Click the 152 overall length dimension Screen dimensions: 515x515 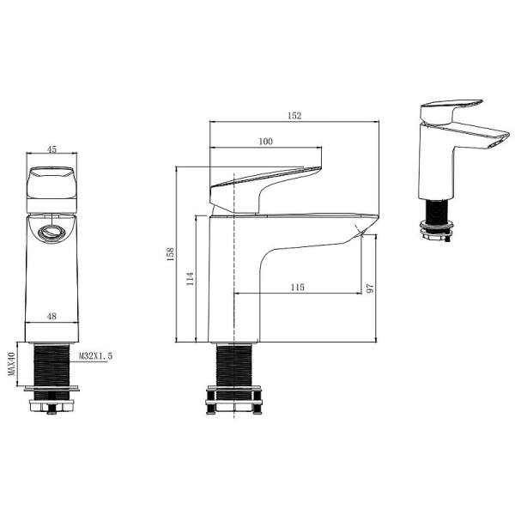click(x=294, y=117)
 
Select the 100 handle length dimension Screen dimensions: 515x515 click(x=265, y=141)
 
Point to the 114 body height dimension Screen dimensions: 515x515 click(x=190, y=278)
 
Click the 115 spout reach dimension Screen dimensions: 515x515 click(x=298, y=287)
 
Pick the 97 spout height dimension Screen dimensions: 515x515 click(x=371, y=289)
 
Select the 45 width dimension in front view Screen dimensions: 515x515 click(x=51, y=149)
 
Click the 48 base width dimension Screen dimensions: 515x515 click(x=51, y=317)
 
